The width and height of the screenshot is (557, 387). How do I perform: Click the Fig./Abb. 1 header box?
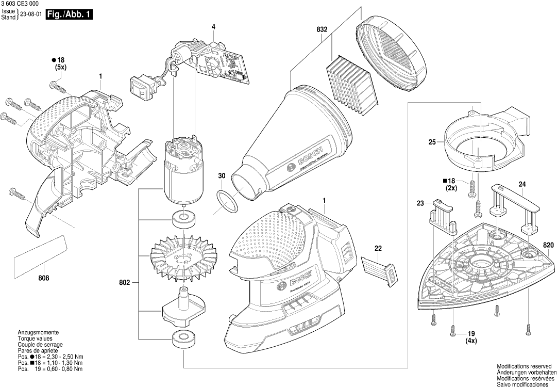[x=70, y=15]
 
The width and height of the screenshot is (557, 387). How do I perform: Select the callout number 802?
[x=125, y=282]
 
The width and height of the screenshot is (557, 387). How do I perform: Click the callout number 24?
[x=522, y=184]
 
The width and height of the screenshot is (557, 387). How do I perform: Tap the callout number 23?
[x=420, y=203]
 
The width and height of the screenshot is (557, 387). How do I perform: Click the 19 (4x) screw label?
[x=471, y=337]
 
